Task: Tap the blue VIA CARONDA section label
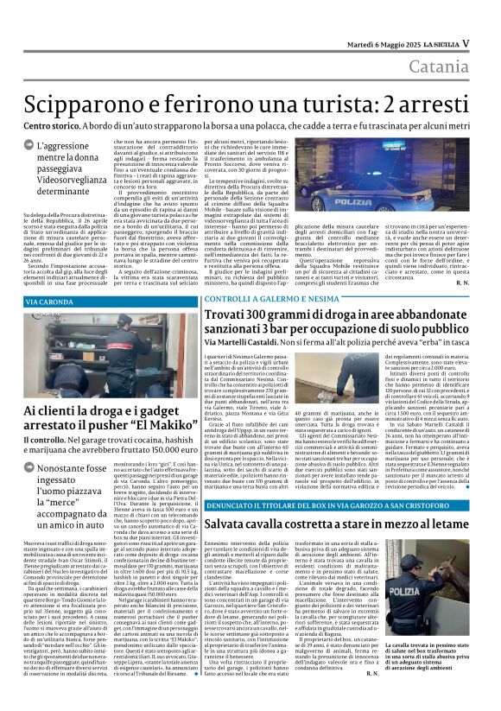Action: [51, 302]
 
